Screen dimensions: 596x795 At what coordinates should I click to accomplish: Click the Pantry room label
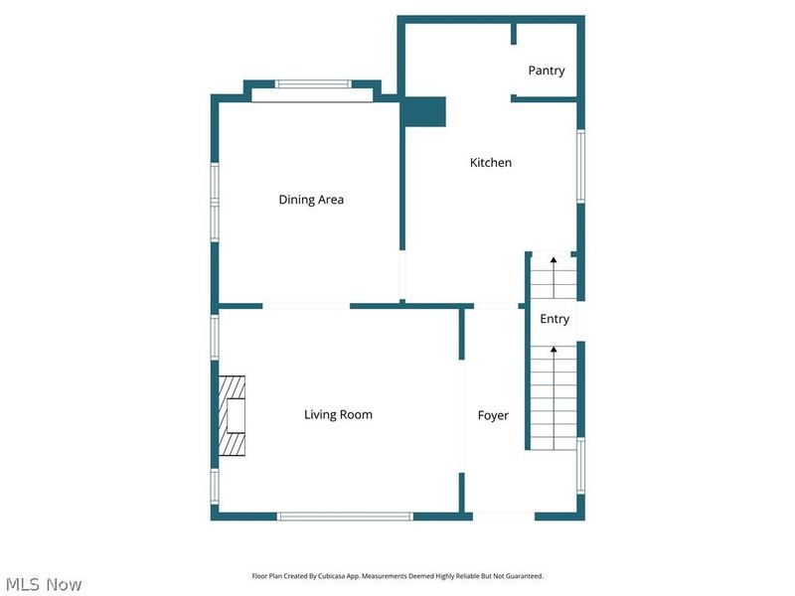click(x=547, y=71)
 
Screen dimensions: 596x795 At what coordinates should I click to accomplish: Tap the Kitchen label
click(x=491, y=162)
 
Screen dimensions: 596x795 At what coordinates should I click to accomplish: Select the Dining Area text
click(x=311, y=200)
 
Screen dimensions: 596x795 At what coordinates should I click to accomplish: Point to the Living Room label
click(x=338, y=414)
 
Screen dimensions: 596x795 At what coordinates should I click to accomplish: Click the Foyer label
click(x=493, y=415)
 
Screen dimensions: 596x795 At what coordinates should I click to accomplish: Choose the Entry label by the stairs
click(x=555, y=319)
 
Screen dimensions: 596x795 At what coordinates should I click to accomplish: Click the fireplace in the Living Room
click(x=234, y=415)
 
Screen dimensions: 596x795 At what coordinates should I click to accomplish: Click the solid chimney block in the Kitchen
click(x=424, y=111)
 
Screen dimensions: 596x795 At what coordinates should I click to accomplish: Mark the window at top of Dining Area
click(x=312, y=84)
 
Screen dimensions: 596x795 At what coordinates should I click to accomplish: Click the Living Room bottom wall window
click(x=344, y=517)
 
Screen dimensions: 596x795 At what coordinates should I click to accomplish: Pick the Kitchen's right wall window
click(x=581, y=166)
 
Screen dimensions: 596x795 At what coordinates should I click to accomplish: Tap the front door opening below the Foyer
click(x=503, y=517)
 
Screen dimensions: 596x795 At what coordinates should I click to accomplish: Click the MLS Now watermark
click(x=44, y=584)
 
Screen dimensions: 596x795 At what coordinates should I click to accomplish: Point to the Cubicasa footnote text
click(x=397, y=576)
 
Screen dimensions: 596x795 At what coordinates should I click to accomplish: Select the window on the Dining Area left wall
click(x=214, y=202)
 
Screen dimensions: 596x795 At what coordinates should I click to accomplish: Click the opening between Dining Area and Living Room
click(x=306, y=306)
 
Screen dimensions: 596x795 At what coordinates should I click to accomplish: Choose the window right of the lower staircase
click(x=581, y=465)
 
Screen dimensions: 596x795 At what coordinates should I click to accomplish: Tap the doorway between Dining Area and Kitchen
click(x=402, y=275)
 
